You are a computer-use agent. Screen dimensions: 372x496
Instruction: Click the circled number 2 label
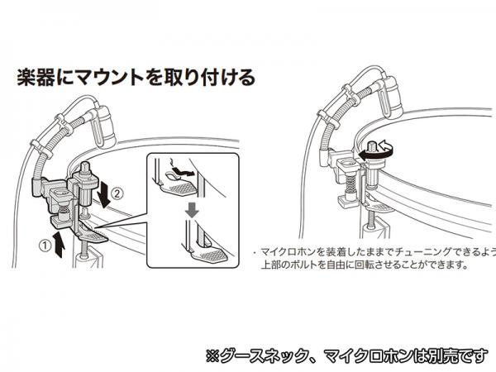click(117, 193)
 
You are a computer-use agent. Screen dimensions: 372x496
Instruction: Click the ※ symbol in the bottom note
click(212, 356)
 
